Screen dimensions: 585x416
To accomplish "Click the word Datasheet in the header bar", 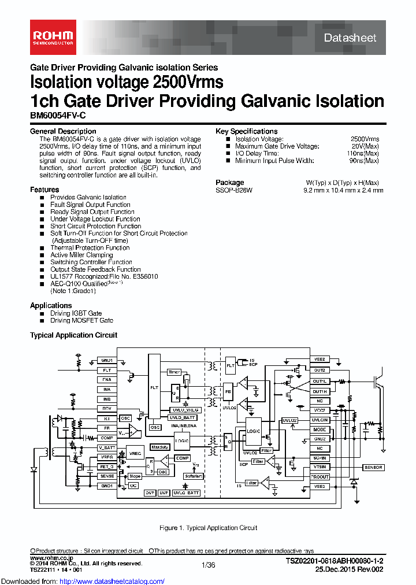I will point(350,38).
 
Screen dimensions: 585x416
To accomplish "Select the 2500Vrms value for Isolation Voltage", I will point(365,139).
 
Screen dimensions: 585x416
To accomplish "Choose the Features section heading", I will point(44,190).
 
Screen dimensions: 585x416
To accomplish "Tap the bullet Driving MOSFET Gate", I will point(81,320).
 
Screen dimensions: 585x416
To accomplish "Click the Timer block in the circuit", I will point(174,372).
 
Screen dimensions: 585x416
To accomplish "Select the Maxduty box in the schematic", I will point(159,447).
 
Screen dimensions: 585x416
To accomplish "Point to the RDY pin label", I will point(107,409).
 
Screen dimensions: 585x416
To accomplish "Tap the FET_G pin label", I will point(107,466).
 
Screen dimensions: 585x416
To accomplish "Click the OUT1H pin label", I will point(320,391).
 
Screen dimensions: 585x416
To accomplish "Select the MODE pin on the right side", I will point(320,430).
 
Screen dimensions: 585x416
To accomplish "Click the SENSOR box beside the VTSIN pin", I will point(373,467).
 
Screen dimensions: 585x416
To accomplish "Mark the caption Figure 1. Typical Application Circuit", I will point(208,528).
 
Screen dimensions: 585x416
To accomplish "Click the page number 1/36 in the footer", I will point(208,565).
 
